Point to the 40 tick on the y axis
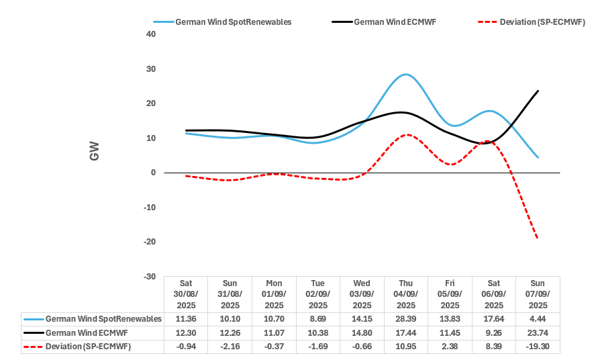tap(150, 34)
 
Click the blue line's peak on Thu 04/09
tap(405, 75)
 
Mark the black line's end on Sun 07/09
tap(538, 91)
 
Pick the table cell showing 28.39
tap(405, 318)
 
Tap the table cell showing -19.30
tap(538, 347)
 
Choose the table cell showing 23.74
tap(538, 332)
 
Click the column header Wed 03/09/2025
tap(362, 294)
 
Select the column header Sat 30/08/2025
tap(185, 294)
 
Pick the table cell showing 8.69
tap(317, 318)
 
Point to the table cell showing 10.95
tap(405, 347)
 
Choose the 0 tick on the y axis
tap(153, 173)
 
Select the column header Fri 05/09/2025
tap(450, 294)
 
